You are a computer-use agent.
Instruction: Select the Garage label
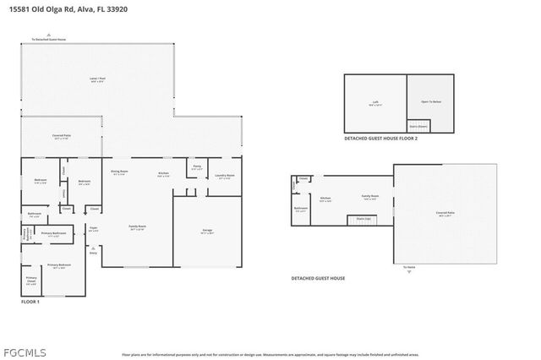pos(207,231)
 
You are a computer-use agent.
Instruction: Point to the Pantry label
pos(196,167)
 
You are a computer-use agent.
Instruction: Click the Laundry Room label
pos(224,176)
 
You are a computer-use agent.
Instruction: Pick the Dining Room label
pos(119,172)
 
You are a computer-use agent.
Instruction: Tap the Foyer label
pos(94,228)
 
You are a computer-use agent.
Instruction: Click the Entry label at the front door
pos(93,252)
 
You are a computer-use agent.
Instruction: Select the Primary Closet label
pos(31,280)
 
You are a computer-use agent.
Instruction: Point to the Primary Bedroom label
pos(58,265)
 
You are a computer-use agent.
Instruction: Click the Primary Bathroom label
pos(53,233)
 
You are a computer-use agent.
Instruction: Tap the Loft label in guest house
pos(375,102)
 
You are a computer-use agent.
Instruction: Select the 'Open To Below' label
pos(431,101)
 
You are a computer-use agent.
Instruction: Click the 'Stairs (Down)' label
pos(418,127)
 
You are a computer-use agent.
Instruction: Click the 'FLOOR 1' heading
pos(30,302)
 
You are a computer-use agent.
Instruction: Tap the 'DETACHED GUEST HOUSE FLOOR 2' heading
pos(380,139)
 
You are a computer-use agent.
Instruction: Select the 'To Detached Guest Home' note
pos(49,39)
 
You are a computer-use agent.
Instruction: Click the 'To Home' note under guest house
pos(410,267)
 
